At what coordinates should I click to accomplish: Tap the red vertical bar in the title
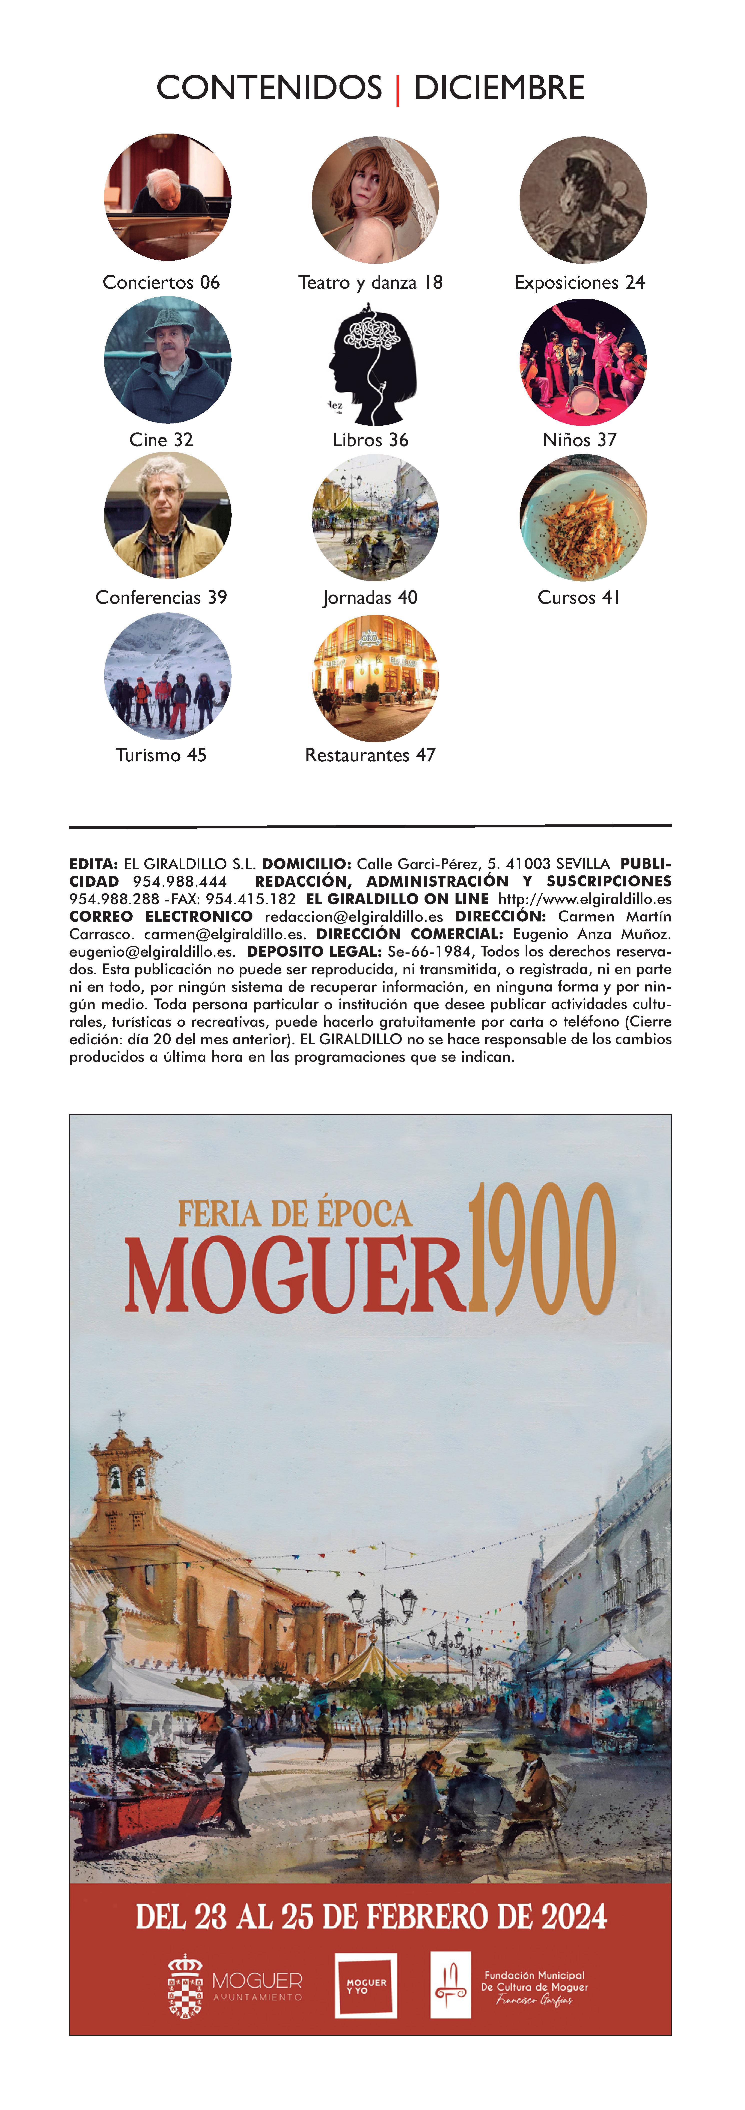(x=398, y=89)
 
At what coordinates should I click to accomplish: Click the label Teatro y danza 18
(x=370, y=283)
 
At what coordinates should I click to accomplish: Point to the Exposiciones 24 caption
(x=579, y=283)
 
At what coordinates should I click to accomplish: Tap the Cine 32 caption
(x=161, y=440)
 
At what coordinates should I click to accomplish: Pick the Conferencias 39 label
(x=161, y=597)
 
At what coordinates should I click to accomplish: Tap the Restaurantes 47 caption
(x=370, y=755)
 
